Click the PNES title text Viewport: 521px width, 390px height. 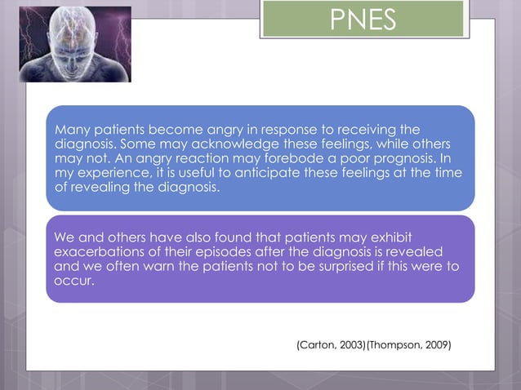point(363,20)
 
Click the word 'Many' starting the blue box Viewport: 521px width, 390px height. point(70,130)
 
